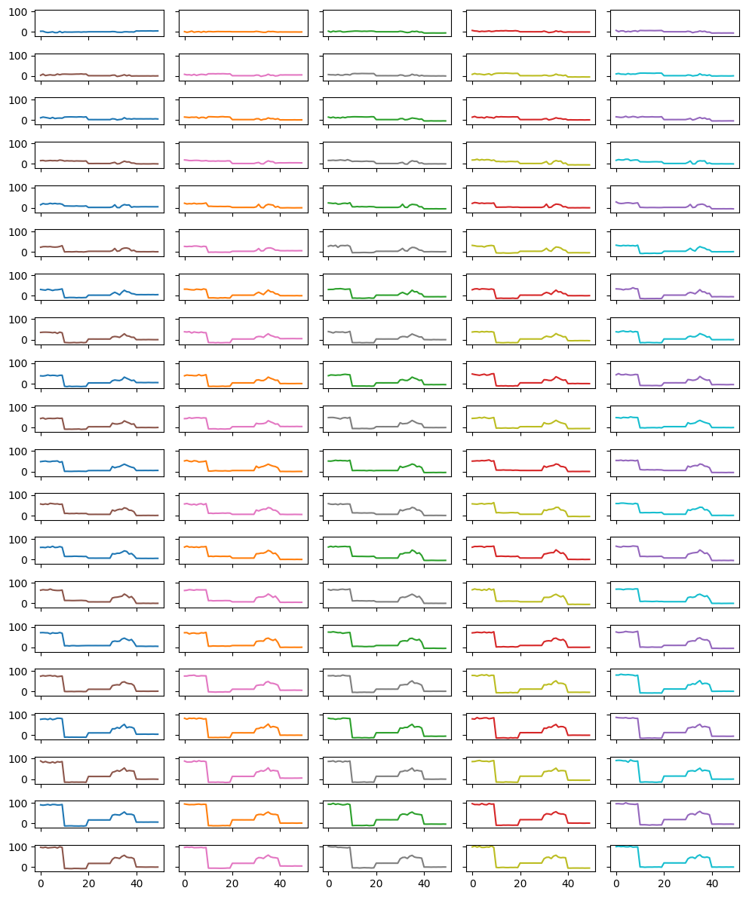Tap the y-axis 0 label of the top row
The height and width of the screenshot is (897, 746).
(x=25, y=32)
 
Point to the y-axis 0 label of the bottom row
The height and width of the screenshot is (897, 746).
(x=25, y=868)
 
